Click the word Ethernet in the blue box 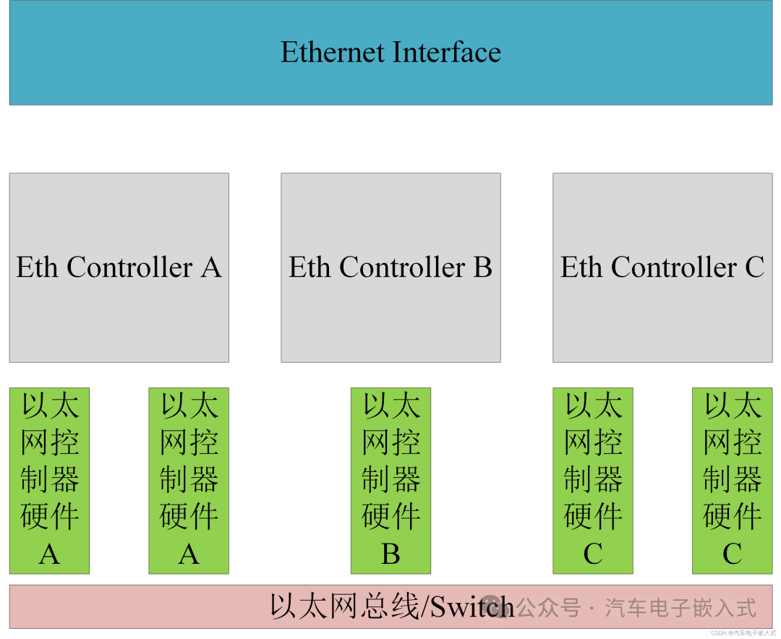pos(333,52)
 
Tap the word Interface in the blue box pos(447,52)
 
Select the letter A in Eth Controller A pos(211,267)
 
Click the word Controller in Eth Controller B pos(402,267)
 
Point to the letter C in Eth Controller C pos(754,267)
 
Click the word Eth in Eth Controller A pos(38,267)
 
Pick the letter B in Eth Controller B pos(482,267)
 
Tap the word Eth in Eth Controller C pos(581,267)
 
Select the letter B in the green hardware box pos(390,554)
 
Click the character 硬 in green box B pos(376,516)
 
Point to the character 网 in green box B pos(376,442)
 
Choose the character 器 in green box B pos(406,479)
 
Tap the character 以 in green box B pos(376,405)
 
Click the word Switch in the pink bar pos(471,606)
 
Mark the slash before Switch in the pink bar pos(424,606)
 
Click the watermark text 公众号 pos(548,608)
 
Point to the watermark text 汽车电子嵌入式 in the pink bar pos(680,608)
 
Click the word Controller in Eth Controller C pos(674,267)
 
